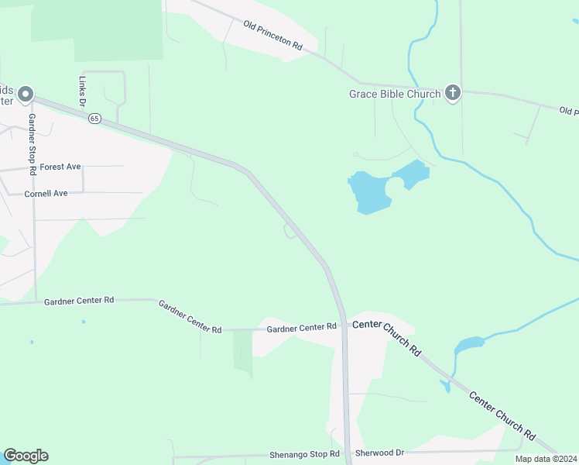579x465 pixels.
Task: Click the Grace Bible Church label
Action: pos(393,94)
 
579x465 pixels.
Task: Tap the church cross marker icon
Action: pos(453,94)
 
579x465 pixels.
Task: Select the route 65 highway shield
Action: pos(94,119)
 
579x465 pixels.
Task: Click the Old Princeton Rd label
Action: pos(272,36)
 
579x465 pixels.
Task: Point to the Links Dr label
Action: pos(81,91)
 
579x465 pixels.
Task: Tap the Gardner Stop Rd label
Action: pos(33,143)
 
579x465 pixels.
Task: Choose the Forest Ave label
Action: pos(60,167)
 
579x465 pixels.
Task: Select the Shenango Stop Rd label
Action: pos(304,454)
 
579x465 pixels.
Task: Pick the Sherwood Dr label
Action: pos(379,453)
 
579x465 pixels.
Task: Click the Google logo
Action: pos(26,456)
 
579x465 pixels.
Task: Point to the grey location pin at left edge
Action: pos(26,95)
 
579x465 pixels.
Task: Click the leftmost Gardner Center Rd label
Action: pos(79,300)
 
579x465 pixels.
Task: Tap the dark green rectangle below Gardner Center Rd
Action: pos(243,351)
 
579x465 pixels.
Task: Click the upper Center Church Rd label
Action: pos(386,338)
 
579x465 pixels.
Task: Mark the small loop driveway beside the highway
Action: pos(290,232)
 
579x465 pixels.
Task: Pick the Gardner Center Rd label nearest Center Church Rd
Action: pos(302,329)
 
